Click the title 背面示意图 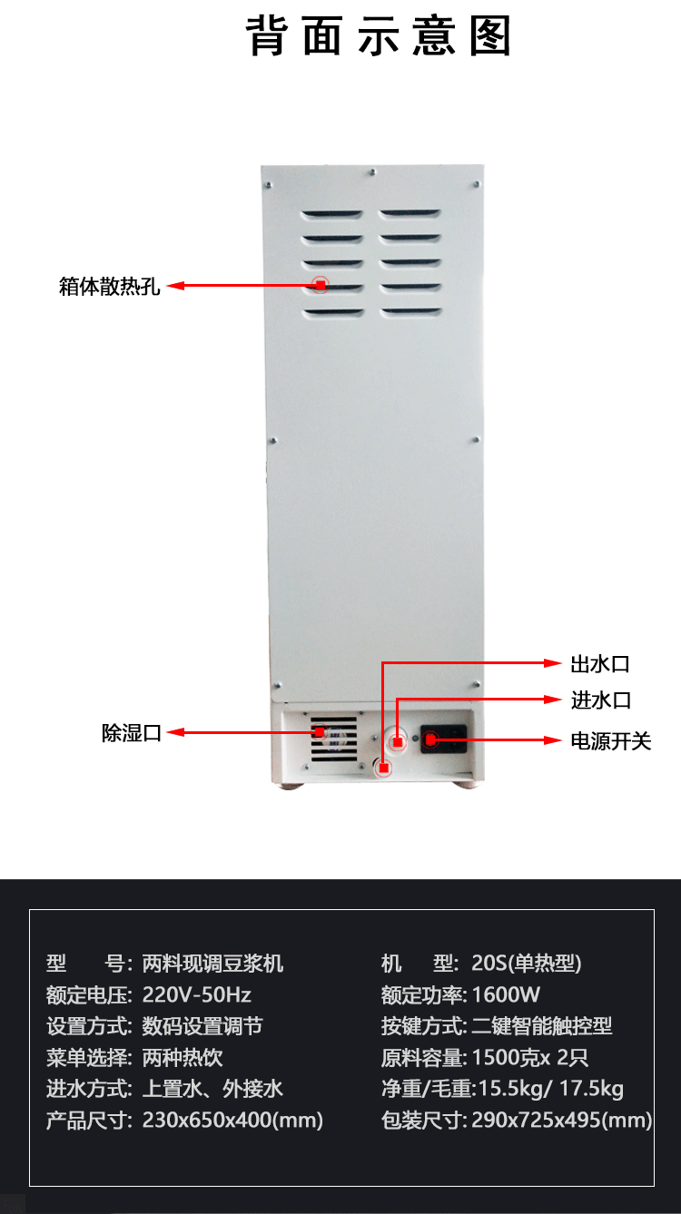pos(380,37)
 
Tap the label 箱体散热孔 pos(110,287)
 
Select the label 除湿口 pos(132,733)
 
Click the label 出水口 pos(599,664)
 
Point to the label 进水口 pos(600,700)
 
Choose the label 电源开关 pos(610,741)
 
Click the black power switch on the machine pos(443,739)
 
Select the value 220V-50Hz pos(197,994)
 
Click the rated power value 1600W pos(506,994)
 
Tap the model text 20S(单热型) pos(527,963)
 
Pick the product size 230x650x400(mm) pos(232,1120)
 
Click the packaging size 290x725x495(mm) pos(561,1120)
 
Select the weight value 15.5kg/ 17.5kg pos(548,1089)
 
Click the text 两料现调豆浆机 pos(212,963)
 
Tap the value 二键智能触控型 pos(542,1026)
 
